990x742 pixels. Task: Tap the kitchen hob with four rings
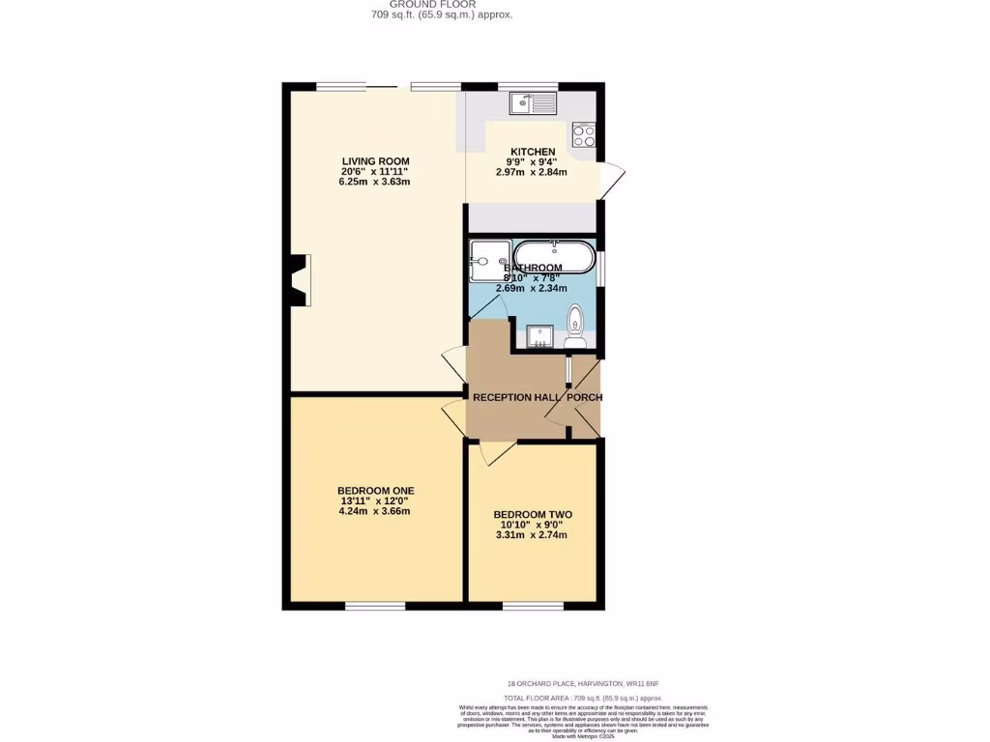[583, 134]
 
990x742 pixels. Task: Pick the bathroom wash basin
[539, 335]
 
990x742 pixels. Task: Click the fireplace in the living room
[299, 280]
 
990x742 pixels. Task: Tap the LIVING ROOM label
[375, 161]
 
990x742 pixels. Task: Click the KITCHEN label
[533, 152]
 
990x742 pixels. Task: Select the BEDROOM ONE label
[376, 491]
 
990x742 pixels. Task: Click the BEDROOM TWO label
[533, 515]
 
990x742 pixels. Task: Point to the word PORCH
[584, 397]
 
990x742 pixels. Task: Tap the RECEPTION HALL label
[516, 397]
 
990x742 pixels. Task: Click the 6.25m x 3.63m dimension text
[375, 182]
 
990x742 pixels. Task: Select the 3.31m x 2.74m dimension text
[531, 535]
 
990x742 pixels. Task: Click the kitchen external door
[611, 182]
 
